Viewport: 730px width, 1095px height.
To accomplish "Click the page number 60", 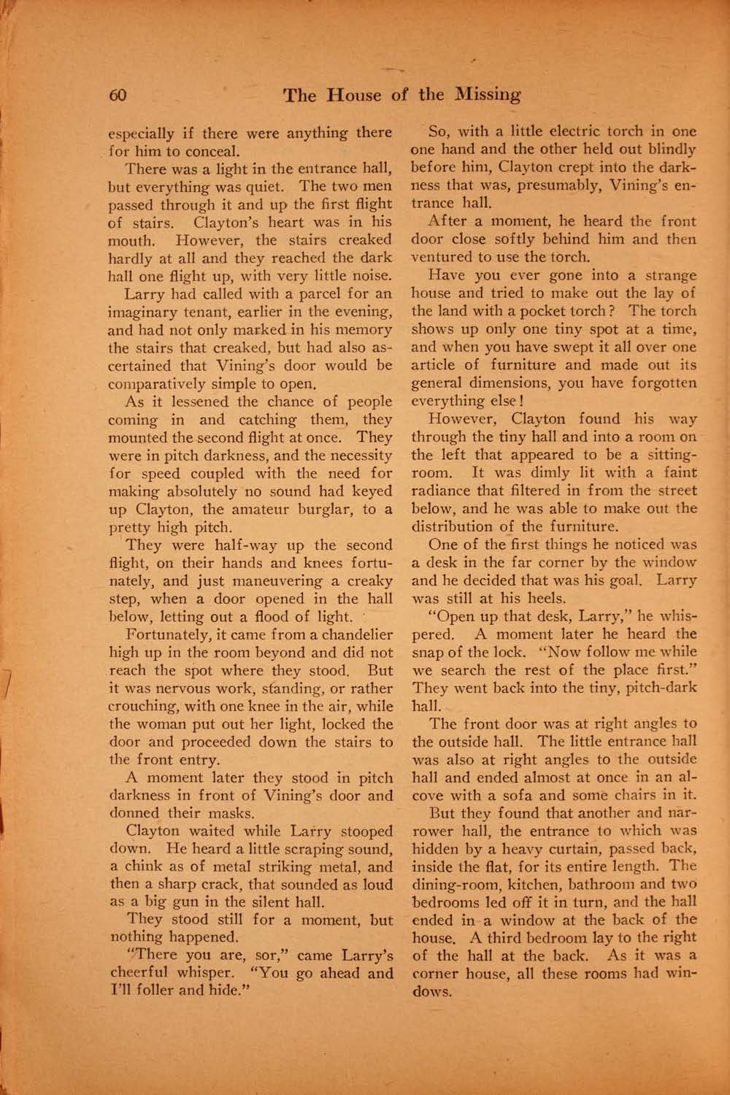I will (x=118, y=95).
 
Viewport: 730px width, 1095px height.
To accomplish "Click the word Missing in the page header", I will (x=486, y=95).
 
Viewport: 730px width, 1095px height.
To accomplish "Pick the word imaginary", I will (x=148, y=312).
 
